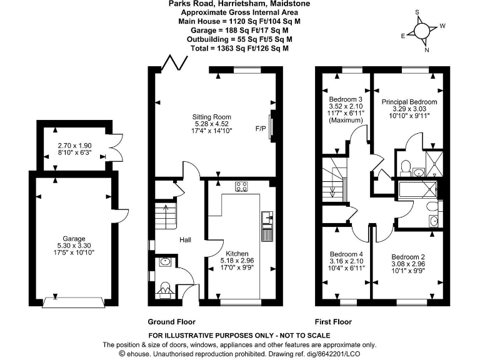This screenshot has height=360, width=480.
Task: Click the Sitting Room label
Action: (213, 117)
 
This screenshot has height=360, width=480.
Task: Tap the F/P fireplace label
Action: (261, 129)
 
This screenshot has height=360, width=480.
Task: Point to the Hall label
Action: (186, 240)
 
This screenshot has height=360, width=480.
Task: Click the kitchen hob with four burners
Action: (242, 186)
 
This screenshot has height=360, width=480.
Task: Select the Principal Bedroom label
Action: (409, 101)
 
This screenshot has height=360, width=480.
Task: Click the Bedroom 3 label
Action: (346, 99)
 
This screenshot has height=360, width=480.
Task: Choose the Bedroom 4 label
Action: (346, 254)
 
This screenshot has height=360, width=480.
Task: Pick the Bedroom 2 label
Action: (408, 257)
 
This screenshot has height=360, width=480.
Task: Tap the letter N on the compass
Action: (427, 51)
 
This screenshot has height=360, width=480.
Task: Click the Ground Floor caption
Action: (171, 322)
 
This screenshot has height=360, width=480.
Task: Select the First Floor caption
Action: (333, 322)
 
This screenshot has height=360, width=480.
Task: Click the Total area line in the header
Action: (240, 47)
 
